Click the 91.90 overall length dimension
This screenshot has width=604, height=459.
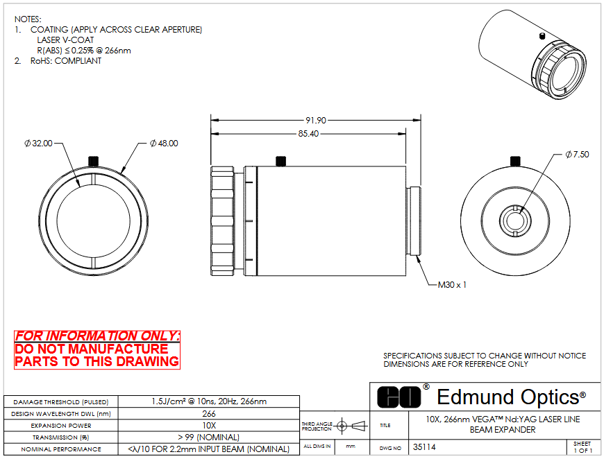315,121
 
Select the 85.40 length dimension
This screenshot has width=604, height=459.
308,134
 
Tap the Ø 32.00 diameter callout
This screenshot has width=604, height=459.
38,144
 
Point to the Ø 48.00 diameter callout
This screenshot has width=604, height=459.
164,144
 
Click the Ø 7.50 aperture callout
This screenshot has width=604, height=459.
577,155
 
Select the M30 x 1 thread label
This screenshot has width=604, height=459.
452,285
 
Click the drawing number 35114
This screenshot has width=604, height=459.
424,447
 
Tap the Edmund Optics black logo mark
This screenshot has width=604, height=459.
399,397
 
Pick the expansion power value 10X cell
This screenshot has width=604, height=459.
209,426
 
